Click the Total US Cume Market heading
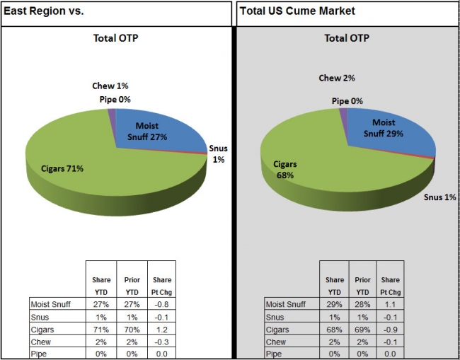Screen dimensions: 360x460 297,11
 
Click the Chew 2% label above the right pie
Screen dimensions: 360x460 337,79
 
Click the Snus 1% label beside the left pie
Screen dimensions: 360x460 218,154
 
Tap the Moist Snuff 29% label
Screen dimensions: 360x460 384,127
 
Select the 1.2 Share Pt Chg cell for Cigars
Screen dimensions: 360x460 161,329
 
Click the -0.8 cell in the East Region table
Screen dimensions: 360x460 161,304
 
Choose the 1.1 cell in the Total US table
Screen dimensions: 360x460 390,304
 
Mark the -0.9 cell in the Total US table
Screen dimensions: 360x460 390,329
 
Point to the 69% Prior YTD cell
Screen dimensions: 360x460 362,329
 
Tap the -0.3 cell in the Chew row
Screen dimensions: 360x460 161,341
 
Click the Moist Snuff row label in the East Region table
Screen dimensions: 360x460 50,304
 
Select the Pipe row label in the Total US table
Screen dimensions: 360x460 275,353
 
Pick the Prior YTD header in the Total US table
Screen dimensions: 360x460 362,286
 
